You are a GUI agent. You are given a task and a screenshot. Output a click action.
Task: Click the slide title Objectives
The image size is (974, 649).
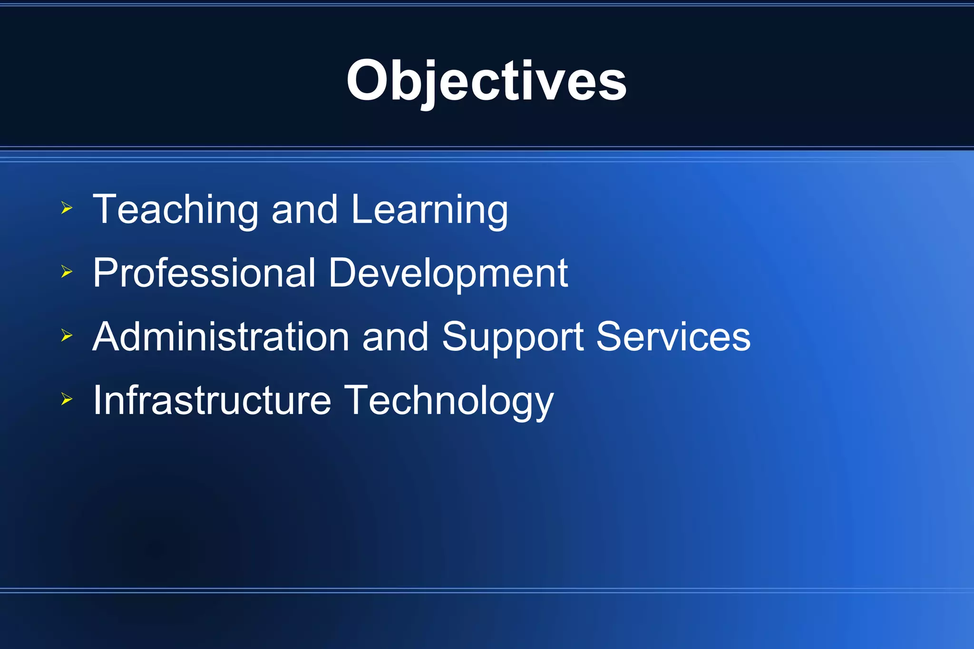486,81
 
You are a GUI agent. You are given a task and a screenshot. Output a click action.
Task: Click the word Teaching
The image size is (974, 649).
175,210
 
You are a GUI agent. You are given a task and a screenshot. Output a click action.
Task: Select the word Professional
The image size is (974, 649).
204,273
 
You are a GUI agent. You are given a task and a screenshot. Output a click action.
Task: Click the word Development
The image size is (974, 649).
448,274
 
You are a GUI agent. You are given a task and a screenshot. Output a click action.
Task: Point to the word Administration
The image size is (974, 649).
221,337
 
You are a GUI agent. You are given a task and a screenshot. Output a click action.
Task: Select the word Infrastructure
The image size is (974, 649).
212,400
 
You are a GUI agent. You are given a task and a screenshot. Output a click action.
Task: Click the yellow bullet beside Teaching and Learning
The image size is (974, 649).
67,208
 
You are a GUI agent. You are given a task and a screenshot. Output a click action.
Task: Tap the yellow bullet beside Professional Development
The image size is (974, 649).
67,271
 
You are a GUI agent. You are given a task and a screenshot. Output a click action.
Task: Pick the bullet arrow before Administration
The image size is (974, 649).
67,336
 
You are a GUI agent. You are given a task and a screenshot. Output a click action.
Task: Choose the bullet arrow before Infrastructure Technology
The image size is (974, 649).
67,399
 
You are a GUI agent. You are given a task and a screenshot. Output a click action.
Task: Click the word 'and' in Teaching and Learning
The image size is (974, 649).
304,210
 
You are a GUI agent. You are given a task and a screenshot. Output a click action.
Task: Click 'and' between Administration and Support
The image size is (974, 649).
395,337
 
